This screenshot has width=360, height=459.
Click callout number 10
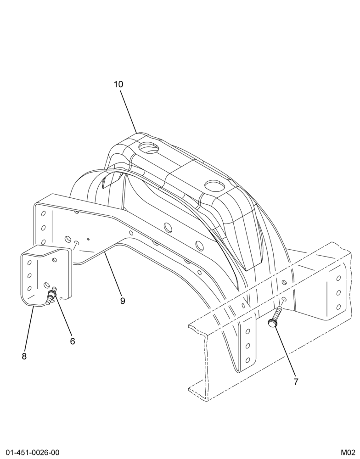(x=118, y=84)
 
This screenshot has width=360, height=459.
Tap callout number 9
(x=123, y=301)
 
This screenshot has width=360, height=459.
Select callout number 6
(x=73, y=341)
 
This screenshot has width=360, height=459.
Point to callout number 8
(x=24, y=356)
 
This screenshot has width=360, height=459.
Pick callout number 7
(x=296, y=382)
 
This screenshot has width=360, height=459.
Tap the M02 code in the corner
(x=348, y=453)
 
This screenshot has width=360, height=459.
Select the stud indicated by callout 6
(x=51, y=296)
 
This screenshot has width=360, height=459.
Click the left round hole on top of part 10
(x=148, y=147)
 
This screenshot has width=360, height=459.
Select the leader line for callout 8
(x=29, y=329)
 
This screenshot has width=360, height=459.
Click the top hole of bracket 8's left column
(x=29, y=263)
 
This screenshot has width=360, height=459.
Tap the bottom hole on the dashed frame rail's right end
(x=339, y=307)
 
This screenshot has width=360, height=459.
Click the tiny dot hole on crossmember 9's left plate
(x=89, y=239)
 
